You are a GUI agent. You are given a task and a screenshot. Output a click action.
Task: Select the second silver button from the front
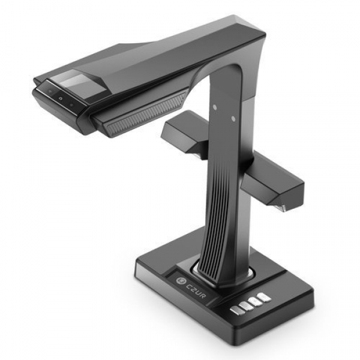(243, 306)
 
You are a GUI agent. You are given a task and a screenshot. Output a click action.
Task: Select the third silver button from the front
(253, 301)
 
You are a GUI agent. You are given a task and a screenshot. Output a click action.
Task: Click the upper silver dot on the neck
(215, 107)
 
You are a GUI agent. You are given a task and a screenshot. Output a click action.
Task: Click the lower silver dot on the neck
(233, 118)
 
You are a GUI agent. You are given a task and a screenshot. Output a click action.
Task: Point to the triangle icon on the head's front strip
(61, 98)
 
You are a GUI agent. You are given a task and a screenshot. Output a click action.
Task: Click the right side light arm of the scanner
(273, 181)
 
